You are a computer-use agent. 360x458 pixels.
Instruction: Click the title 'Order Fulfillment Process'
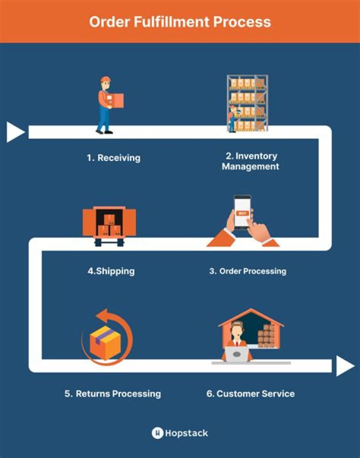[180, 22]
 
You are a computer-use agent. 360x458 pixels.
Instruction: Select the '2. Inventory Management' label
[250, 161]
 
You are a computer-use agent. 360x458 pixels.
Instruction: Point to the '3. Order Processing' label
[247, 271]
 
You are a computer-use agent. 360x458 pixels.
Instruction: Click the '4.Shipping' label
[111, 271]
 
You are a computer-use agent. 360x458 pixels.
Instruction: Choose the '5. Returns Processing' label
[112, 393]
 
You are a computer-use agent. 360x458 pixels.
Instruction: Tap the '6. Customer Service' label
[250, 393]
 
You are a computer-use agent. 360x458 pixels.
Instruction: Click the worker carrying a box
[106, 105]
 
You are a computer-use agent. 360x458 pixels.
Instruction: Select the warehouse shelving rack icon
[247, 103]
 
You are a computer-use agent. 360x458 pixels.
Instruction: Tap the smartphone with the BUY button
[242, 211]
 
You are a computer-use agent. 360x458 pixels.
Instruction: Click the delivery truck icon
[109, 225]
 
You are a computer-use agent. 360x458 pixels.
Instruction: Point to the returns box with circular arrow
[106, 338]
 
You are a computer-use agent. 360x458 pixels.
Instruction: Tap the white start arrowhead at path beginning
[15, 132]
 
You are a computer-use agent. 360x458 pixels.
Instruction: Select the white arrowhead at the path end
[345, 366]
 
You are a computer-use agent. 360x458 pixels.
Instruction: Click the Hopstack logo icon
[157, 432]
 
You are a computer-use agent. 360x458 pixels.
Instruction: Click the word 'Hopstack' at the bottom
[187, 432]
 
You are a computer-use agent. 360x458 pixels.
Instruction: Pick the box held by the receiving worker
[116, 100]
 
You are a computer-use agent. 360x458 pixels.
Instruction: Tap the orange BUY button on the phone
[242, 213]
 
